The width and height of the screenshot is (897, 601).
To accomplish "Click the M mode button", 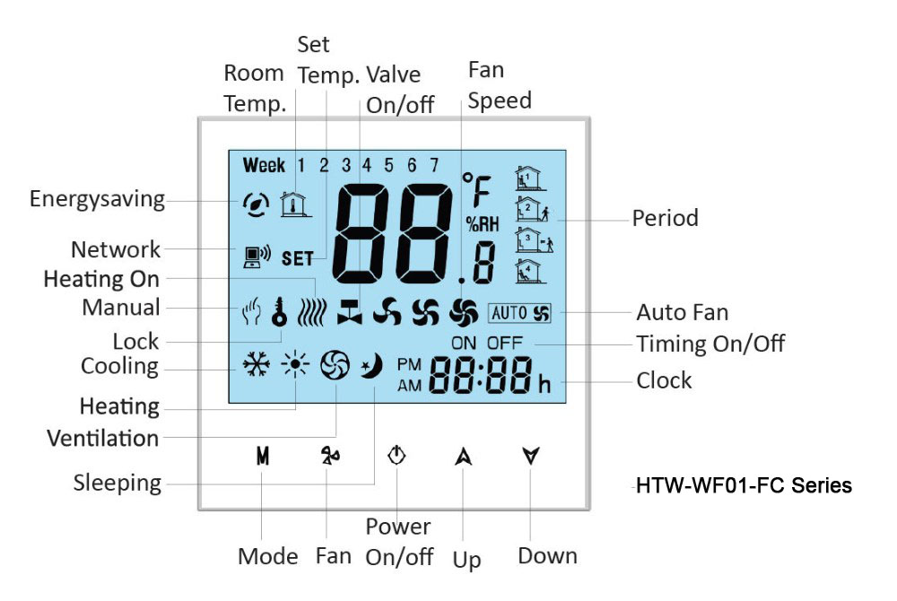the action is click(x=262, y=456).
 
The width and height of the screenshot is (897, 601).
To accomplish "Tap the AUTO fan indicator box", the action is click(x=519, y=313).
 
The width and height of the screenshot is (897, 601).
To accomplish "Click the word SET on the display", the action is click(x=298, y=259).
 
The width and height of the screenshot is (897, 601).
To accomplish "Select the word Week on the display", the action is click(x=264, y=165).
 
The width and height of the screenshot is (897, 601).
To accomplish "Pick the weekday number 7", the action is click(x=434, y=165).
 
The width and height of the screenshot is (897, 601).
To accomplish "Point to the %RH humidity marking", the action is click(x=482, y=224).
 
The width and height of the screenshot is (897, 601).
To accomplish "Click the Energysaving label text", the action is click(x=97, y=198).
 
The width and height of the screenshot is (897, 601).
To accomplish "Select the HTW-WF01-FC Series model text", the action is click(x=744, y=486).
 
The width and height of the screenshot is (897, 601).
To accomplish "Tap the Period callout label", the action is click(x=665, y=218).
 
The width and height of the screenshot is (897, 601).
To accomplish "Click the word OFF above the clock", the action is click(x=504, y=343).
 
